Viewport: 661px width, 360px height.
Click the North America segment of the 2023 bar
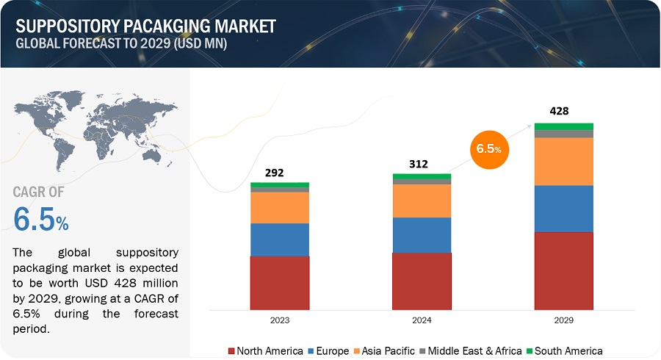pos(279,283)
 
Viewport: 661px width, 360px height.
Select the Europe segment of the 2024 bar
pos(422,235)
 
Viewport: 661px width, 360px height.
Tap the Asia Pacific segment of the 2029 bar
pos(563,162)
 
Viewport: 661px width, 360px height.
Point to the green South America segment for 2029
pos(563,126)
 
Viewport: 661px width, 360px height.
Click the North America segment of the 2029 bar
pos(563,270)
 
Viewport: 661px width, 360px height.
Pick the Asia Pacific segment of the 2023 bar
pos(279,207)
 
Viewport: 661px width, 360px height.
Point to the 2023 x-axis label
pos(279,320)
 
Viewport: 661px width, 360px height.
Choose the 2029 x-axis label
pos(563,320)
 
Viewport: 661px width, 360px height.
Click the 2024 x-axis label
pos(422,320)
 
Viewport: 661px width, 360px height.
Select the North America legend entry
pos(265,350)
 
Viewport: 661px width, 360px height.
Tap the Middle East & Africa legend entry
pos(474,350)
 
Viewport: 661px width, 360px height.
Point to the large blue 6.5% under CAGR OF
pos(41,220)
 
